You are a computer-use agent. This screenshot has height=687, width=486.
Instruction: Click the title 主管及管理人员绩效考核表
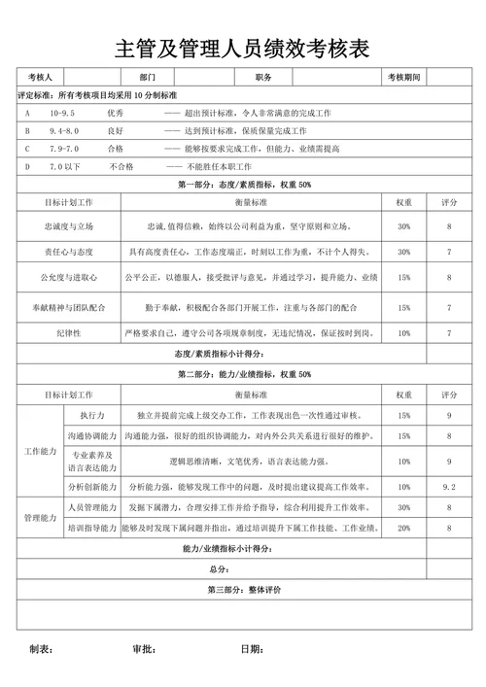tap(243, 50)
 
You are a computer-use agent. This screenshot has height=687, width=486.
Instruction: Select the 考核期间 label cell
tap(402, 78)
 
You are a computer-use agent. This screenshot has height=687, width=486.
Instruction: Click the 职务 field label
tap(263, 78)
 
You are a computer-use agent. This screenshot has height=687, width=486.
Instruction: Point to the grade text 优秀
tap(116, 114)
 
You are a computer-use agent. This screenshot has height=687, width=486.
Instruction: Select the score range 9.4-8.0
tap(63, 131)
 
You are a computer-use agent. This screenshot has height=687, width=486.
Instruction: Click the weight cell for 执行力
tap(403, 416)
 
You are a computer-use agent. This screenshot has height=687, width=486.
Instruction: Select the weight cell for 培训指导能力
tap(403, 528)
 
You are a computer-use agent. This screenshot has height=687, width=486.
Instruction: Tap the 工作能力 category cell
tap(41, 451)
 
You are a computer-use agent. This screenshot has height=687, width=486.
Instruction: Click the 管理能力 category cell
tap(41, 518)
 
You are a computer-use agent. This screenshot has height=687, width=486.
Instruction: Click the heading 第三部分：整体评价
tap(243, 591)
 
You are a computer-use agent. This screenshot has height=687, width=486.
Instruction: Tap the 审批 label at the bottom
tap(144, 649)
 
